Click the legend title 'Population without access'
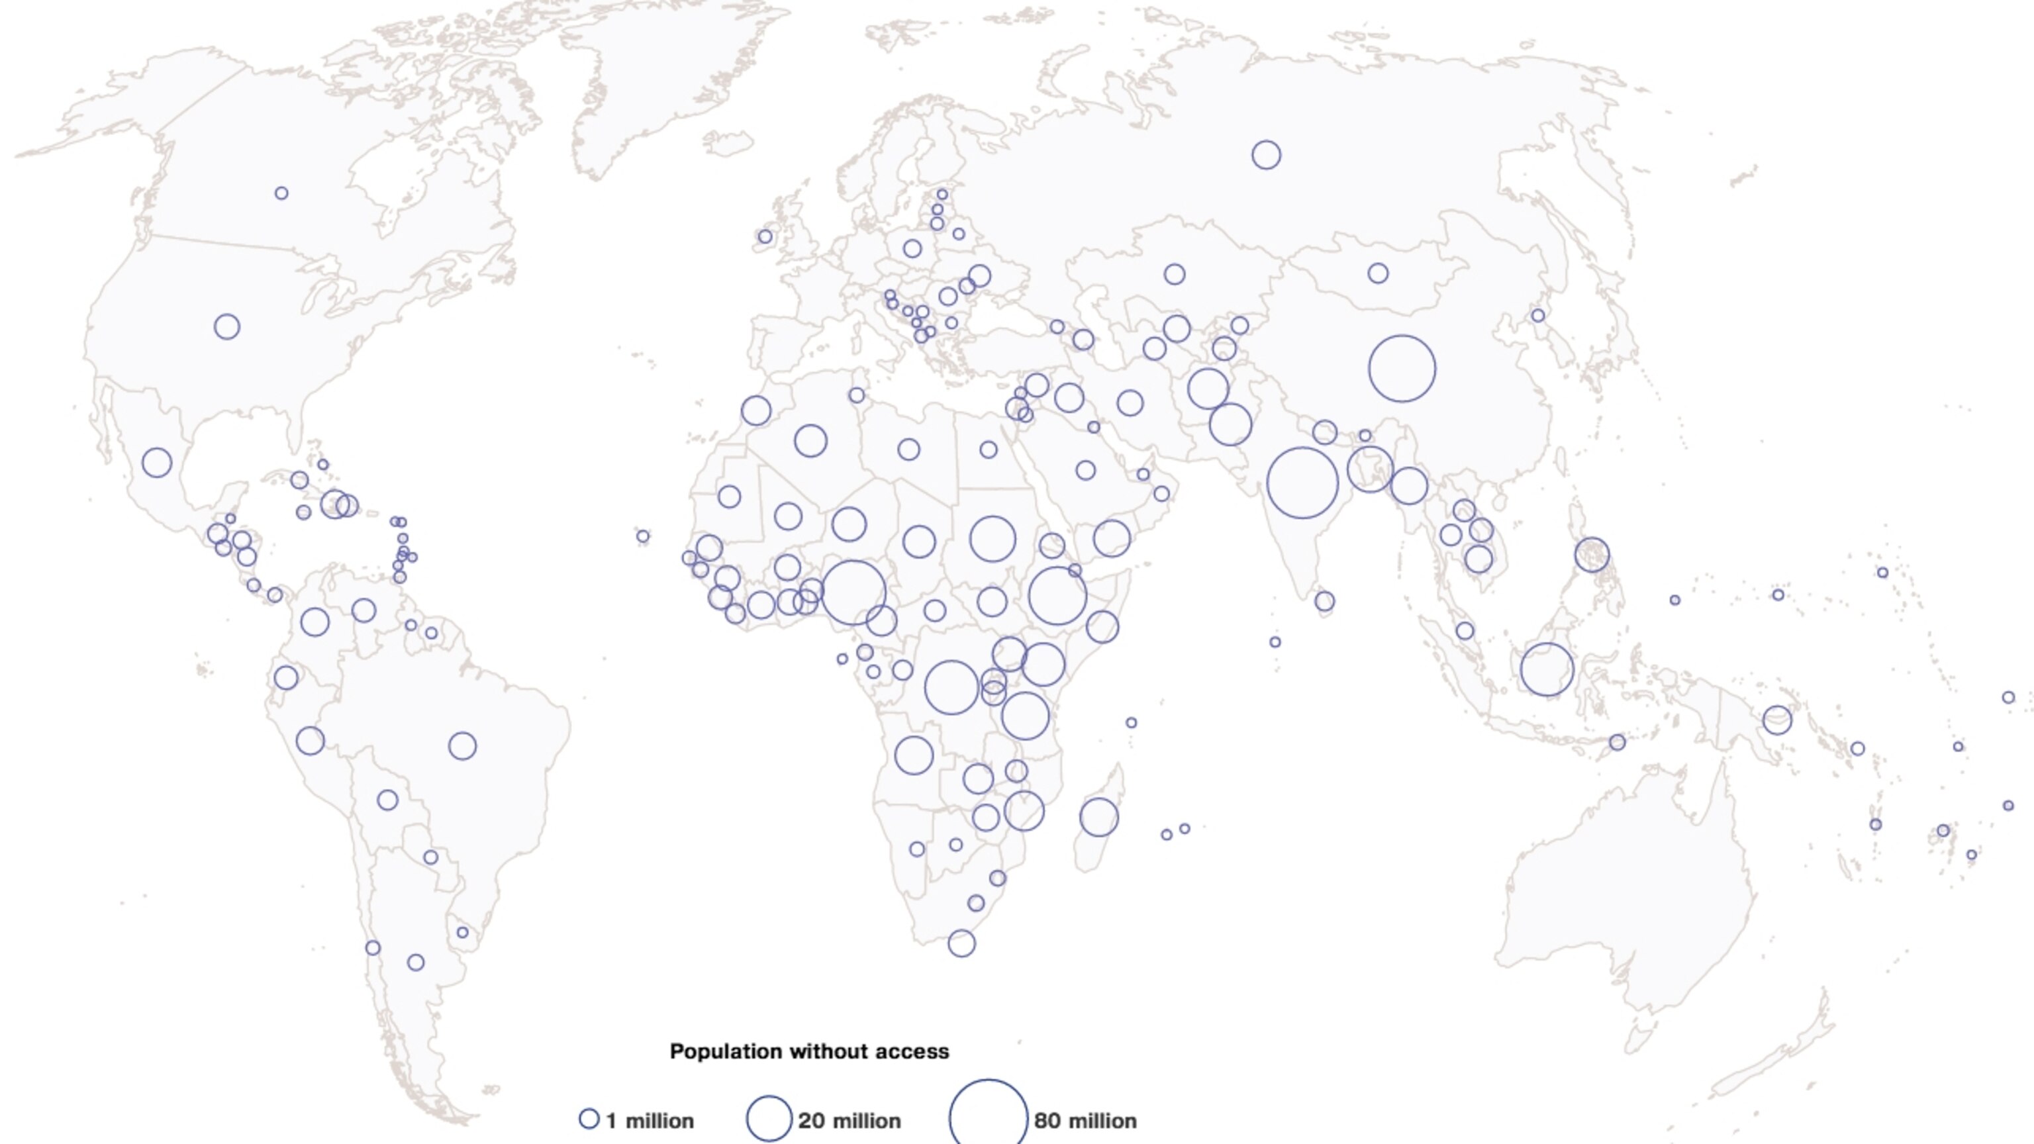[809, 1051]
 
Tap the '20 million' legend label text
[849, 1121]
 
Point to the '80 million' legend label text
[1085, 1121]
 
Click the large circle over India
[1302, 483]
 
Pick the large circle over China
[1402, 369]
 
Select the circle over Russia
[1266, 155]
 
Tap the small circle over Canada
[281, 193]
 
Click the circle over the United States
[226, 326]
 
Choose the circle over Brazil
[462, 745]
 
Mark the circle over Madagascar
[1098, 816]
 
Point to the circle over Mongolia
[1378, 273]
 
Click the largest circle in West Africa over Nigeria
[853, 592]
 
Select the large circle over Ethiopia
[1057, 596]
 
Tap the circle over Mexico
[156, 462]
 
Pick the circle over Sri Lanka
[1324, 601]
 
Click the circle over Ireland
[764, 236]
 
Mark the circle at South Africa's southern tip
[961, 943]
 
